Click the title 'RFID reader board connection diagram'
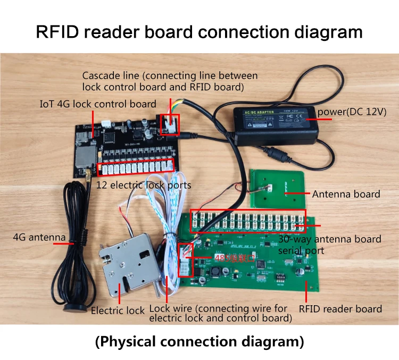click(199, 31)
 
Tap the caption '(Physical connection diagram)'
click(199, 340)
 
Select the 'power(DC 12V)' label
click(351, 113)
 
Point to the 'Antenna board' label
click(346, 194)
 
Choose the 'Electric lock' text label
click(118, 310)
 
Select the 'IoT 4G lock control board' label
click(98, 104)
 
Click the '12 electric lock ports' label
click(144, 186)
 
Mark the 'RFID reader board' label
click(340, 309)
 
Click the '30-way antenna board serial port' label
click(330, 244)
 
